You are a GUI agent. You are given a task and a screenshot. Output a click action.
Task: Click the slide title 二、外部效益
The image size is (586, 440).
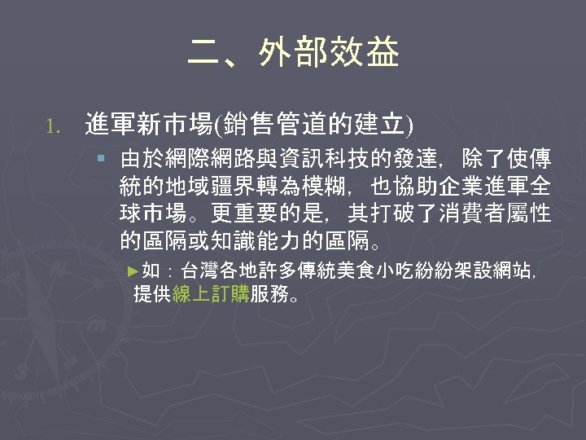pyautogui.click(x=293, y=54)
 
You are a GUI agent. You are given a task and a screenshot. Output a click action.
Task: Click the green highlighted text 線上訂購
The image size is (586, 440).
pyautogui.click(x=211, y=294)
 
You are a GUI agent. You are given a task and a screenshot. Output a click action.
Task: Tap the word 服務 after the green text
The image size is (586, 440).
pyautogui.click(x=269, y=294)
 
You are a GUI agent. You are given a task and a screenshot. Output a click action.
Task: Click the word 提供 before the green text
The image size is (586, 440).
pyautogui.click(x=152, y=294)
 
